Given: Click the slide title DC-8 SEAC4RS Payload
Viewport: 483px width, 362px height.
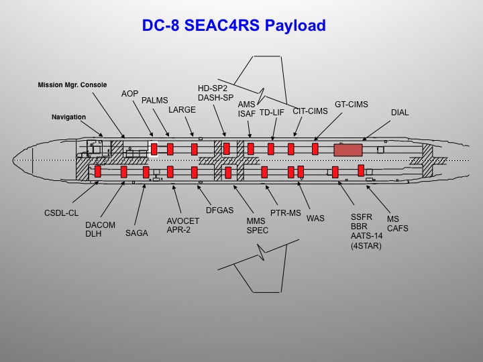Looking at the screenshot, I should point(233,26).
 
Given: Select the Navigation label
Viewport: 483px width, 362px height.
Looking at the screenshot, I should point(68,117).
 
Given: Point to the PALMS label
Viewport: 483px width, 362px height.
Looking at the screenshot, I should point(155,101).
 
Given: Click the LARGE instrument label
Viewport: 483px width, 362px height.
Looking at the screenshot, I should point(182,109).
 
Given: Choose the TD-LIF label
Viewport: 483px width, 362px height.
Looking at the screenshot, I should point(272,113).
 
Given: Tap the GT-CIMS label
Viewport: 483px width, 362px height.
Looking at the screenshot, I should point(352,105).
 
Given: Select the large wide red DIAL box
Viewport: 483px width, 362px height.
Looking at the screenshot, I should point(348,149).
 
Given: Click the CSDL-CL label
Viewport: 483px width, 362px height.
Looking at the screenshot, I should point(62,213).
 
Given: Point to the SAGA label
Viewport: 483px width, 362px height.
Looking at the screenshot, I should point(137,233).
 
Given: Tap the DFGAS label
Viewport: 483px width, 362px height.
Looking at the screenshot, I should point(219,210).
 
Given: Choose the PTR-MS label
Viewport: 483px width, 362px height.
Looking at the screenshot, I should point(285,213).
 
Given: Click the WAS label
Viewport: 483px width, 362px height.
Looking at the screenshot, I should point(315,219).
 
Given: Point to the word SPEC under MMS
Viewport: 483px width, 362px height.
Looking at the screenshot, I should point(258,230).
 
